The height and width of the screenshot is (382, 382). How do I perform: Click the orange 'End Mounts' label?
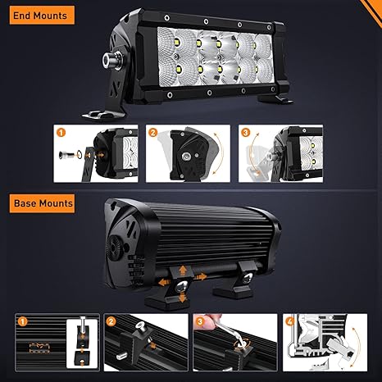tap(42, 16)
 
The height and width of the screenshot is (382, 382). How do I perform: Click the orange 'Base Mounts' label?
tap(42, 203)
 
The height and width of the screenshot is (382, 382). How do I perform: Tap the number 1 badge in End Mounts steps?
tap(61, 133)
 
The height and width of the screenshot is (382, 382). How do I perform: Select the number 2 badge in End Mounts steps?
tap(153, 133)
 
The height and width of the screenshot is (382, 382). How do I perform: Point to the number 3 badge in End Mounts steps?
tap(246, 133)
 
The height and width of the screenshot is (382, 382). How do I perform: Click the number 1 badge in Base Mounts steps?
tap(22, 321)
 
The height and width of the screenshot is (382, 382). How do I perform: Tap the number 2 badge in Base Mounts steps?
tap(111, 321)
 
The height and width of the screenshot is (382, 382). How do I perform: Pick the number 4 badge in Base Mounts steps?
tap(289, 321)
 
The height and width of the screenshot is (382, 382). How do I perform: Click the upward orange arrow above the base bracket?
tap(183, 271)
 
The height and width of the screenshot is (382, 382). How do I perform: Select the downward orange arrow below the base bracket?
tap(182, 298)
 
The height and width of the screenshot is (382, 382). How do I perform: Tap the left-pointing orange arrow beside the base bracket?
tap(164, 282)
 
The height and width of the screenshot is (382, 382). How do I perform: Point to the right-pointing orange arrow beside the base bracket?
tap(201, 277)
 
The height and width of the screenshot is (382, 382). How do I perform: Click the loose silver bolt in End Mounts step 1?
tap(65, 155)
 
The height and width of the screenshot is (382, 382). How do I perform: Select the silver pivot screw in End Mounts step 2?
tap(186, 157)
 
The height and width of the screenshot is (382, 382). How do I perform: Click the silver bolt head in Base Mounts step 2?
tap(141, 325)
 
